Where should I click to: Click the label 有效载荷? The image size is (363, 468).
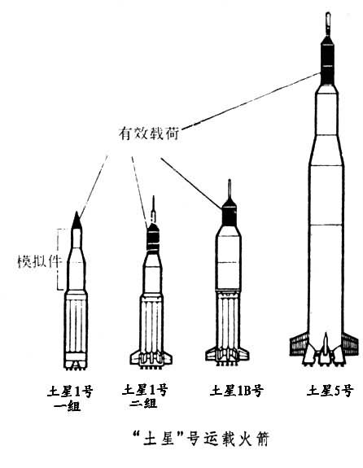tap(149, 133)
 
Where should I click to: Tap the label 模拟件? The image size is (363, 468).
tap(39, 261)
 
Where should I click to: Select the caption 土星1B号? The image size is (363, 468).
tap(236, 391)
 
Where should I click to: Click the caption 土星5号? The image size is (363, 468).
tap(330, 391)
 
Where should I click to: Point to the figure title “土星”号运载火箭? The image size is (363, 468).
tap(202, 439)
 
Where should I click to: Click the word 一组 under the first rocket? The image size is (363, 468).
tap(68, 405)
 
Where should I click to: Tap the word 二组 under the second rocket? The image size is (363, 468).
tap(143, 403)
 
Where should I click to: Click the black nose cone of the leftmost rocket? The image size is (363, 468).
tap(77, 221)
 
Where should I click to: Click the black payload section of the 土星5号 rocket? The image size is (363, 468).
tap(327, 63)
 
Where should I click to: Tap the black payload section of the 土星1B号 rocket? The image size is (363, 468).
tap(229, 213)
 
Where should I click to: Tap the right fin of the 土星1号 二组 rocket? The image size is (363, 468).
tap(166, 357)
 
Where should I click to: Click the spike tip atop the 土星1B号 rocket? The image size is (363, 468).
tap(230, 179)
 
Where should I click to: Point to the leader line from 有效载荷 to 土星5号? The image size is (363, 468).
tap(251, 101)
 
